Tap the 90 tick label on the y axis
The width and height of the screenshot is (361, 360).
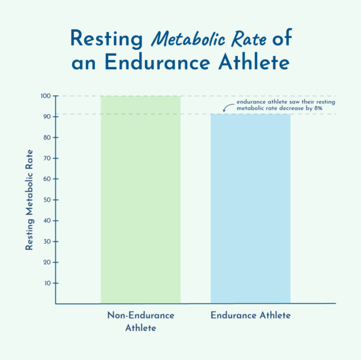[46, 117]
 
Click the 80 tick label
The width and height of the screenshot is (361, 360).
[46, 138]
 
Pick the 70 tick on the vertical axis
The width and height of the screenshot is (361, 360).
[46, 159]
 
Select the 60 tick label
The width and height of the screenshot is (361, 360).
[46, 179]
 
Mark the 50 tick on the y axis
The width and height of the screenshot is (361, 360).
[46, 200]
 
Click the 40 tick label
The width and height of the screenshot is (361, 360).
[46, 221]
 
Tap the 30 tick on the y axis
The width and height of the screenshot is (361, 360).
[46, 242]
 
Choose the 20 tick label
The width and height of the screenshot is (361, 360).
[46, 262]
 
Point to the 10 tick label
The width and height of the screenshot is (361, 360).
[46, 283]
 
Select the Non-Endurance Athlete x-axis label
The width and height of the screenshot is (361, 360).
[140, 322]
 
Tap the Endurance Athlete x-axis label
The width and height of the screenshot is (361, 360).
[250, 316]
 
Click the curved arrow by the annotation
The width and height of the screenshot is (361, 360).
[229, 108]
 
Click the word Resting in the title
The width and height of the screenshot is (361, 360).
[106, 38]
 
